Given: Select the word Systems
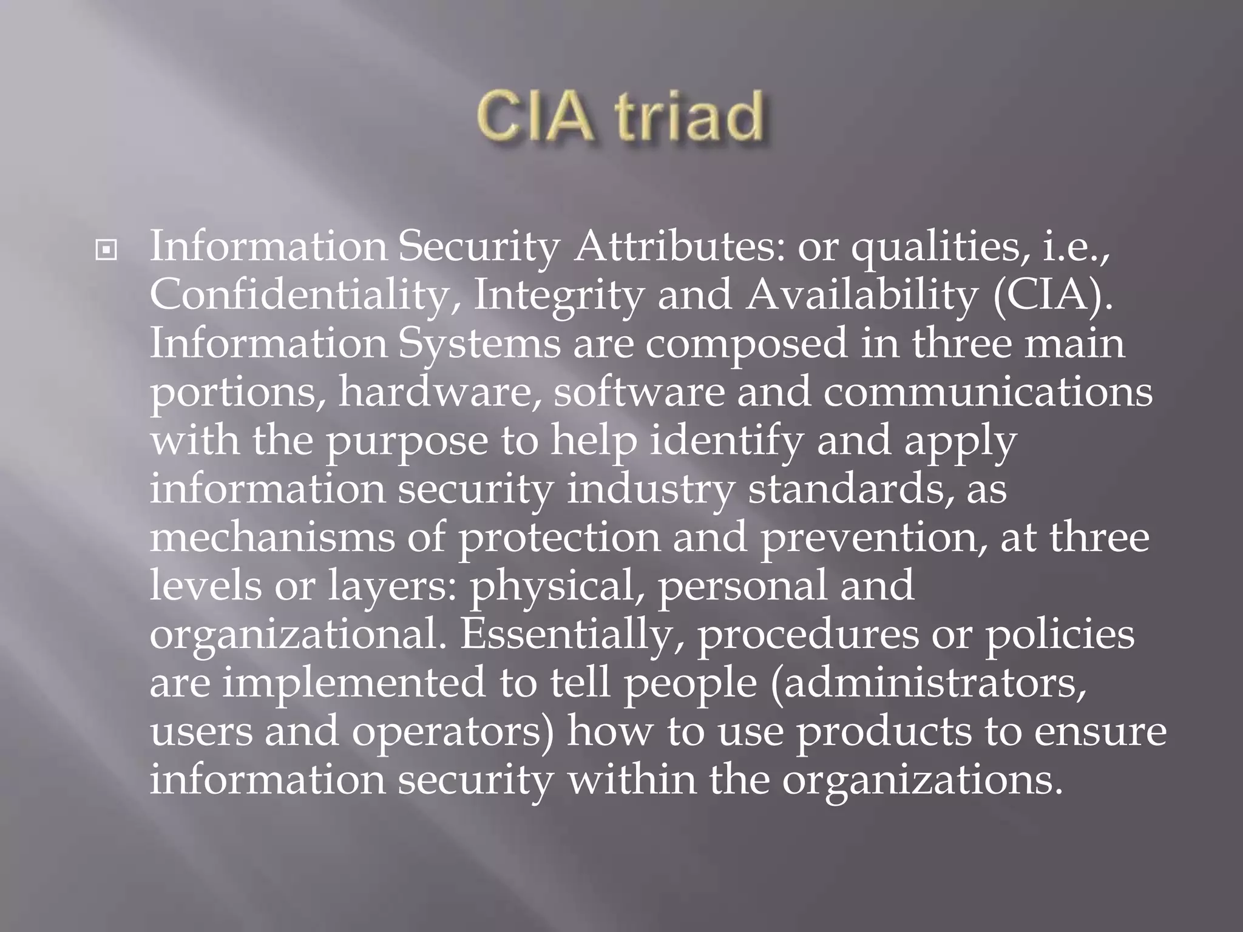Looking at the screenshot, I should coord(480,344).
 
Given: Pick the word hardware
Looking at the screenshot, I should coord(439,393).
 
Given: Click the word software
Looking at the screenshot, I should coord(639,393).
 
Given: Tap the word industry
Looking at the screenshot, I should coord(650,490).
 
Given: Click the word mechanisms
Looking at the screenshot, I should coord(272,538).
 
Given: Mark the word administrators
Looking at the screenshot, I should coord(929,684).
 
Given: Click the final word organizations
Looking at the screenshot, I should coord(923,781).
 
